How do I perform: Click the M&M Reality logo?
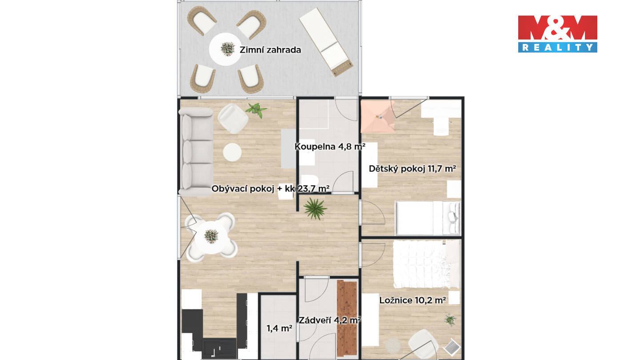pyautogui.click(x=557, y=34)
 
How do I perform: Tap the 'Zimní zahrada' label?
pyautogui.click(x=270, y=50)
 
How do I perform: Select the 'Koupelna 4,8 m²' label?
pyautogui.click(x=330, y=147)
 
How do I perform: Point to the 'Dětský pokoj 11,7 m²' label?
pyautogui.click(x=412, y=168)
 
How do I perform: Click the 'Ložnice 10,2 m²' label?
pyautogui.click(x=412, y=300)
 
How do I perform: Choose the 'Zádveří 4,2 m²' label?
pyautogui.click(x=330, y=320)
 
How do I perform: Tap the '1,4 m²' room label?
pyautogui.click(x=280, y=328)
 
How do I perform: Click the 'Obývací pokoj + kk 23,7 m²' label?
pyautogui.click(x=270, y=188)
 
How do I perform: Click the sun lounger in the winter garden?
pyautogui.click(x=326, y=42)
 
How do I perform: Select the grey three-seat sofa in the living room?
pyautogui.click(x=196, y=152)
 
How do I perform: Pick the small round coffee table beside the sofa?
pyautogui.click(x=232, y=152)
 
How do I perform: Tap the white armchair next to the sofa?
pyautogui.click(x=233, y=119)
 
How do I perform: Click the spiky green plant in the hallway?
pyautogui.click(x=315, y=209)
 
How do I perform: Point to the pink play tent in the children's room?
pyautogui.click(x=377, y=116)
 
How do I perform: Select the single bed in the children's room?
pyautogui.click(x=428, y=218)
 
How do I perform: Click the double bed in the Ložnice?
pyautogui.click(x=427, y=264)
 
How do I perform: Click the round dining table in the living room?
pyautogui.click(x=212, y=237)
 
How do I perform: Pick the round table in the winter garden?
pyautogui.click(x=225, y=49)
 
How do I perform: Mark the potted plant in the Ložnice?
pyautogui.click(x=450, y=320)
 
